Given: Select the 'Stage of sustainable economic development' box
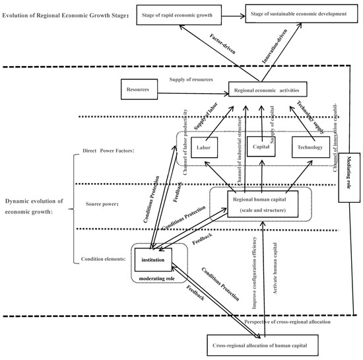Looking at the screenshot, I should [296, 13].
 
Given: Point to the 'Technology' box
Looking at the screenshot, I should [310, 148].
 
